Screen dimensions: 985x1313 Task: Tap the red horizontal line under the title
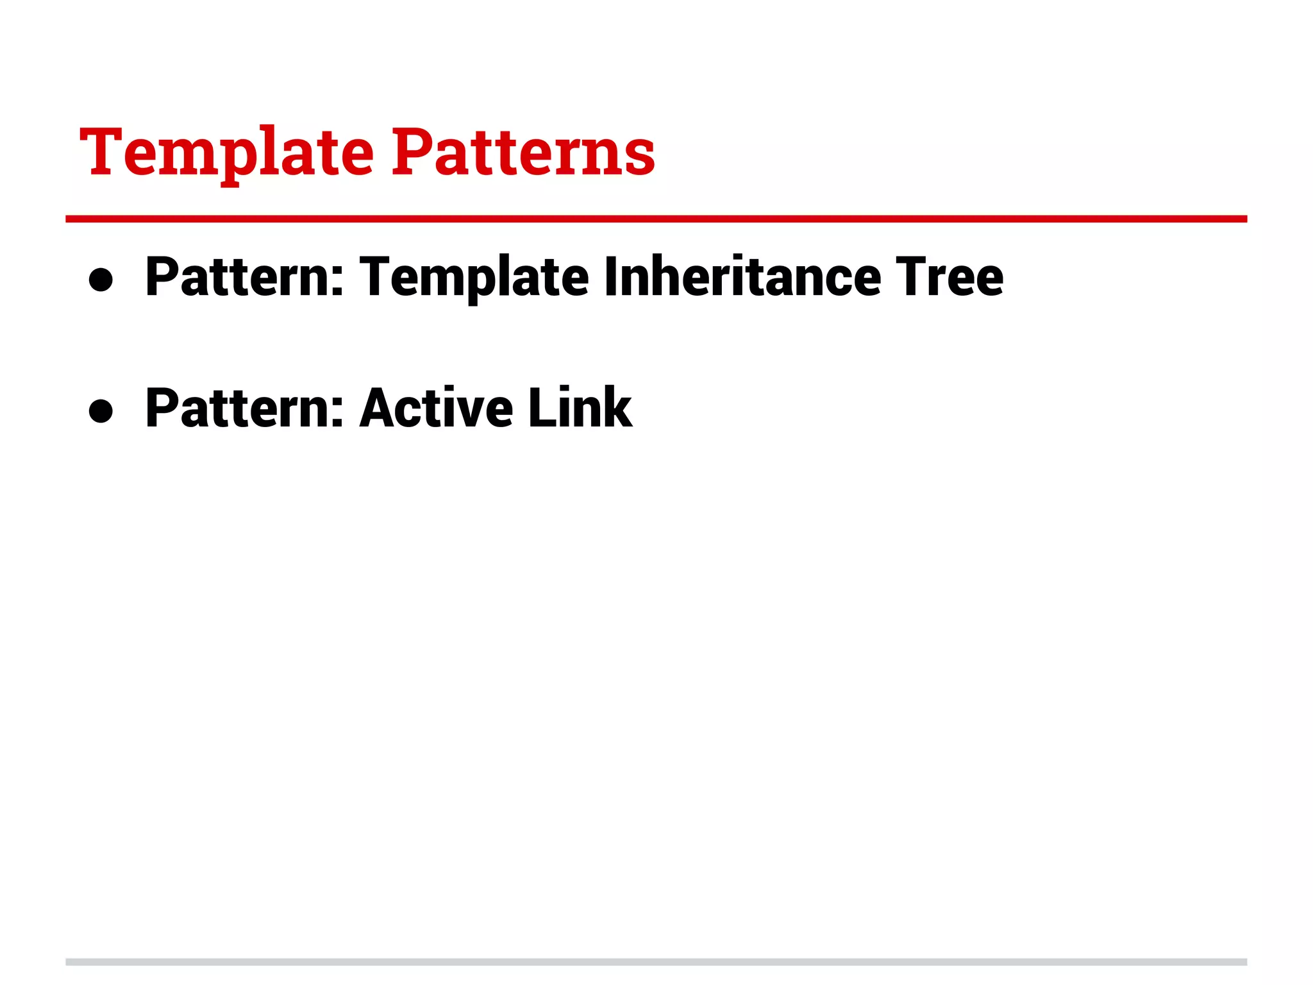[x=656, y=219]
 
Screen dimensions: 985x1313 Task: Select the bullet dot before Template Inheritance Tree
[x=101, y=280]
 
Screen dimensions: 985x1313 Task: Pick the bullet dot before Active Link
[x=101, y=410]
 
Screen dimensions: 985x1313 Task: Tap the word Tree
[x=949, y=277]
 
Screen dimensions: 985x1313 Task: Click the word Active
[x=436, y=408]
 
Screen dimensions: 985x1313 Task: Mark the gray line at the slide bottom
[x=656, y=962]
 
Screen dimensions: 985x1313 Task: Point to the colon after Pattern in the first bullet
[x=338, y=283]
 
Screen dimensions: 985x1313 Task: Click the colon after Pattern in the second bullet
[x=338, y=414]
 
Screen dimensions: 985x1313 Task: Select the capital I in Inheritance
[x=611, y=277]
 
